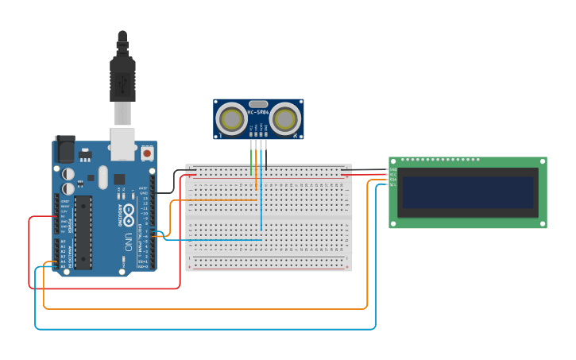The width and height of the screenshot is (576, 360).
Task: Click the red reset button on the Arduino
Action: [x=147, y=152]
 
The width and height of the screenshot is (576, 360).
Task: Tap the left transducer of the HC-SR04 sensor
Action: [x=232, y=119]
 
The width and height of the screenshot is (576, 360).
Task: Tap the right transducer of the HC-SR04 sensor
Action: [x=284, y=119]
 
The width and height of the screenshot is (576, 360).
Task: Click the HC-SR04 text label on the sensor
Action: [x=258, y=112]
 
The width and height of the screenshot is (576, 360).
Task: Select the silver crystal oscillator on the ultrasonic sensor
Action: [x=258, y=104]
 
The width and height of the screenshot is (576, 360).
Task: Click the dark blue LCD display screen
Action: [x=467, y=192]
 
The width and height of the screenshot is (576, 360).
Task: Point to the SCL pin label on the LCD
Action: [x=392, y=184]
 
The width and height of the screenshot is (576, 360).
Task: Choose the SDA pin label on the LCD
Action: [x=392, y=180]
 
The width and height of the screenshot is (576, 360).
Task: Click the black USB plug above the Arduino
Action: [x=122, y=79]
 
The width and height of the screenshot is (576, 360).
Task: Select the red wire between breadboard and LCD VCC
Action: [x=365, y=174]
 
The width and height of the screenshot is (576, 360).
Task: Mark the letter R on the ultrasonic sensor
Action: [x=296, y=136]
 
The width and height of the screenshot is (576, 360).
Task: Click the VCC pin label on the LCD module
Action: [x=392, y=174]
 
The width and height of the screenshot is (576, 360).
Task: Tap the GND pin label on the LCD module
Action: [x=392, y=169]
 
